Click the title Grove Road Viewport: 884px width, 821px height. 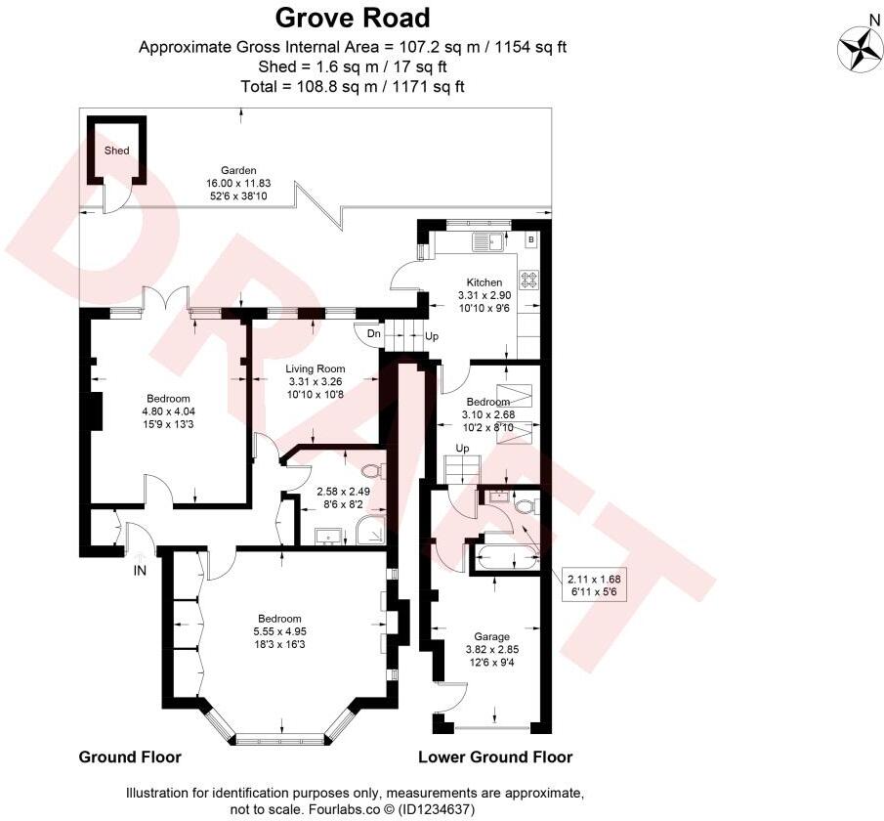click(x=352, y=18)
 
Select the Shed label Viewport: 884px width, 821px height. click(x=116, y=151)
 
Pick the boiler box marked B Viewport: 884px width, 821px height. click(x=530, y=238)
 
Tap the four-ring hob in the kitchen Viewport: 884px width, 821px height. click(x=528, y=281)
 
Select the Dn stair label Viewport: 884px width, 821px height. click(x=374, y=334)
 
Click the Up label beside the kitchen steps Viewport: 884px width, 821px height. click(x=432, y=335)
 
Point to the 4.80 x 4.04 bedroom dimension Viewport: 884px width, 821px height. click(x=168, y=411)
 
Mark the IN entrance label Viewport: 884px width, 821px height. click(x=140, y=571)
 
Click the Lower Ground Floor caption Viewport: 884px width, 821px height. click(x=495, y=757)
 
